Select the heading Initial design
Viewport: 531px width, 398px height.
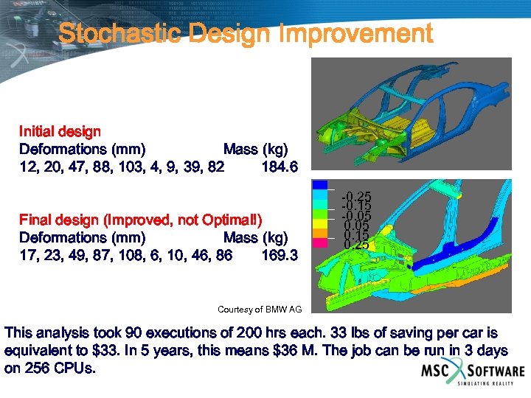60,132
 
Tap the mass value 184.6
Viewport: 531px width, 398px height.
280,167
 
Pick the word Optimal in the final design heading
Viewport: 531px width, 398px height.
232,220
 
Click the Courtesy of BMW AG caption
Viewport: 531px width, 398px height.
260,309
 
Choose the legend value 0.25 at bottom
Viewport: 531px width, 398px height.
357,245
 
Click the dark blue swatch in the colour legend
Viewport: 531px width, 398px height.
322,185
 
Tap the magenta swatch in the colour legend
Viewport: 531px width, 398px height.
322,242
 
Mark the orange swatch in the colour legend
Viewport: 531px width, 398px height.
322,233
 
